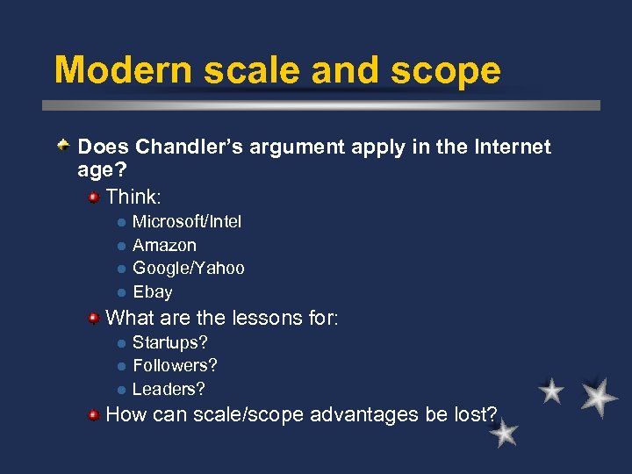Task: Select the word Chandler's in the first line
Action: click(x=189, y=147)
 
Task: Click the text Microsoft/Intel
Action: click(x=187, y=222)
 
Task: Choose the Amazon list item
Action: click(x=164, y=246)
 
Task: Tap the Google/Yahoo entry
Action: click(x=189, y=269)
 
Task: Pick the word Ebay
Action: click(x=153, y=292)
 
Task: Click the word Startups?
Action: click(x=170, y=342)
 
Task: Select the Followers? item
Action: click(x=175, y=365)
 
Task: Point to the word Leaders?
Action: click(x=169, y=389)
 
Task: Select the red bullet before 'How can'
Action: click(x=93, y=414)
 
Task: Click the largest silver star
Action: click(x=598, y=397)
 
